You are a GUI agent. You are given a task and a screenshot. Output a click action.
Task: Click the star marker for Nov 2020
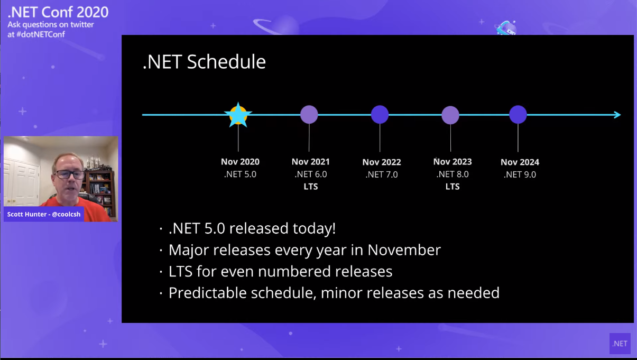pyautogui.click(x=238, y=115)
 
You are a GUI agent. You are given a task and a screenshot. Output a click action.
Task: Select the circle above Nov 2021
pyautogui.click(x=309, y=115)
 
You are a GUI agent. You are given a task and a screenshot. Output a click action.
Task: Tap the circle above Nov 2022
pyautogui.click(x=380, y=115)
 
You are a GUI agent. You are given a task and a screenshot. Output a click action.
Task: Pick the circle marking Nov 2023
pyautogui.click(x=450, y=115)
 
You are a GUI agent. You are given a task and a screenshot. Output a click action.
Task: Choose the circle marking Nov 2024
pyautogui.click(x=518, y=115)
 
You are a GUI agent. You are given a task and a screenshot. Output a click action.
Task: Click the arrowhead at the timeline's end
pyautogui.click(x=617, y=115)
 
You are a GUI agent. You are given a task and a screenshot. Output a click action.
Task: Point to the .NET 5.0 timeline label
pyautogui.click(x=241, y=174)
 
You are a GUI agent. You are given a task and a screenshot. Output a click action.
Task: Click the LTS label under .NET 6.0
pyautogui.click(x=310, y=187)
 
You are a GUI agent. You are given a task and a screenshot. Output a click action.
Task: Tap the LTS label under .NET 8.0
pyautogui.click(x=453, y=187)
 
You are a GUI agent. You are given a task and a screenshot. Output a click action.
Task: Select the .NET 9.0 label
pyautogui.click(x=520, y=174)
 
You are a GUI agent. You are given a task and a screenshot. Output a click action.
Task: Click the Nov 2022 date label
pyautogui.click(x=382, y=162)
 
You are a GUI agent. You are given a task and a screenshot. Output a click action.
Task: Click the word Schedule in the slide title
pyautogui.click(x=226, y=61)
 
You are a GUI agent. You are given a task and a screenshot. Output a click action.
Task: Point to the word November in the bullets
pyautogui.click(x=404, y=250)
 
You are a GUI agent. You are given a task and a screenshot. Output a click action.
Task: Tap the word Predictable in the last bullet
pyautogui.click(x=208, y=293)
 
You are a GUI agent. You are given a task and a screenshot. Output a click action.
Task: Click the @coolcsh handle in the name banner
pyautogui.click(x=66, y=214)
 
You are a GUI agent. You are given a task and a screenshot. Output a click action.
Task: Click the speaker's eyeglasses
pyautogui.click(x=69, y=174)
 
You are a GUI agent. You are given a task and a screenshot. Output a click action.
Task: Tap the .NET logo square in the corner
pyautogui.click(x=620, y=344)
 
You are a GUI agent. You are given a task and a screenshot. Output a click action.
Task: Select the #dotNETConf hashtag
pyautogui.click(x=41, y=34)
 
